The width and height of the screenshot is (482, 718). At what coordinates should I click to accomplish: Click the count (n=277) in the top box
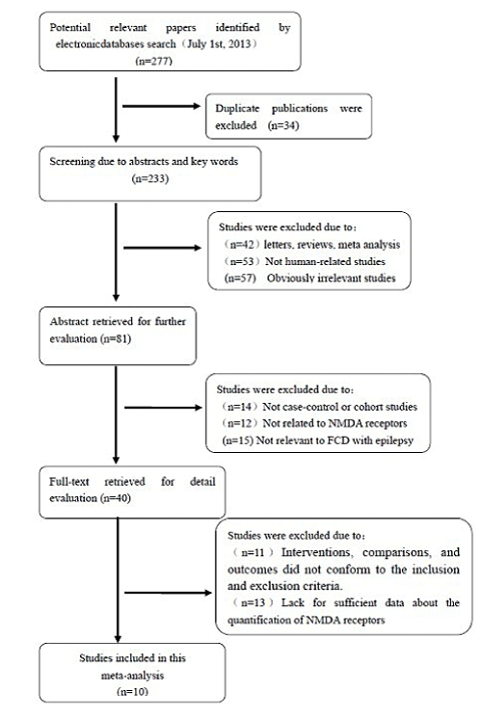tap(154, 61)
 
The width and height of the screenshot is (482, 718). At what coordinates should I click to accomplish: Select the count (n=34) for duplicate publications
tap(283, 125)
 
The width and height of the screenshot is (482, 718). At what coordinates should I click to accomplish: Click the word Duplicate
tap(237, 109)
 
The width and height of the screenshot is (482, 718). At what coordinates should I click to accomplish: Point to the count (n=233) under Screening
tap(150, 178)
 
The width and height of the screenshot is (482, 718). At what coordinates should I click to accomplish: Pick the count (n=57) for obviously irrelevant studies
tap(240, 278)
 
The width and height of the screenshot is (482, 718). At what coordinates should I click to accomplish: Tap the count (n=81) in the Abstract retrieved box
tap(116, 338)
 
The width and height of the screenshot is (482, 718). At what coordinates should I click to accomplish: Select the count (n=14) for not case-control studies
tap(240, 407)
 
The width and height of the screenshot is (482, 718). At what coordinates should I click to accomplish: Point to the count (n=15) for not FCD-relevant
tap(238, 440)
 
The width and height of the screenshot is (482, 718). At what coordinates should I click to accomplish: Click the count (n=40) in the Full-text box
tap(115, 497)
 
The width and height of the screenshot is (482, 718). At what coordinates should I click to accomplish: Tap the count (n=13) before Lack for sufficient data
tap(254, 602)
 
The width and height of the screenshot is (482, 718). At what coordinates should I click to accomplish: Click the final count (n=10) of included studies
tap(132, 691)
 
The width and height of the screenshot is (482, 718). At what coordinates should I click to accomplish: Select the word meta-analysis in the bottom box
tap(132, 675)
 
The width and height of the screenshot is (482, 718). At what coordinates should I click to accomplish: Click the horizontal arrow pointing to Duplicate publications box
tap(162, 106)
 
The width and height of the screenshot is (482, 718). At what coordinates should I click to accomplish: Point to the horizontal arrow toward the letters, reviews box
tap(163, 248)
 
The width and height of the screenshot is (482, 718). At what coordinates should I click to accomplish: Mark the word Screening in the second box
tap(72, 162)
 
